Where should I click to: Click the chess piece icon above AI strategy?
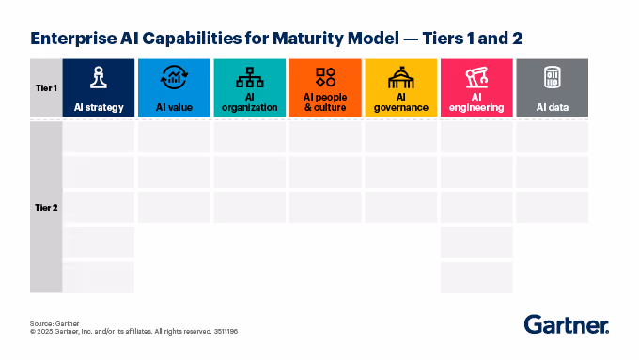tap(99, 77)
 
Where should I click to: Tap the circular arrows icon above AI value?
tap(174, 77)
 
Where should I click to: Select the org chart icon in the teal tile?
tap(249, 75)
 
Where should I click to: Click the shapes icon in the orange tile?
tap(325, 76)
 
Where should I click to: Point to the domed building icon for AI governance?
tap(400, 75)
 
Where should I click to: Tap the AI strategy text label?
tap(99, 107)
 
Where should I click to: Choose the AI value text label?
tap(174, 107)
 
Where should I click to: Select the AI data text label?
tap(552, 107)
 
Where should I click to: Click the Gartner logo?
tap(566, 325)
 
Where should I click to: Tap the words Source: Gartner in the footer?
tap(55, 322)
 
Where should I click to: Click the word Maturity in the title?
tap(319, 39)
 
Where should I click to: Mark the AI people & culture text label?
tap(325, 102)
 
